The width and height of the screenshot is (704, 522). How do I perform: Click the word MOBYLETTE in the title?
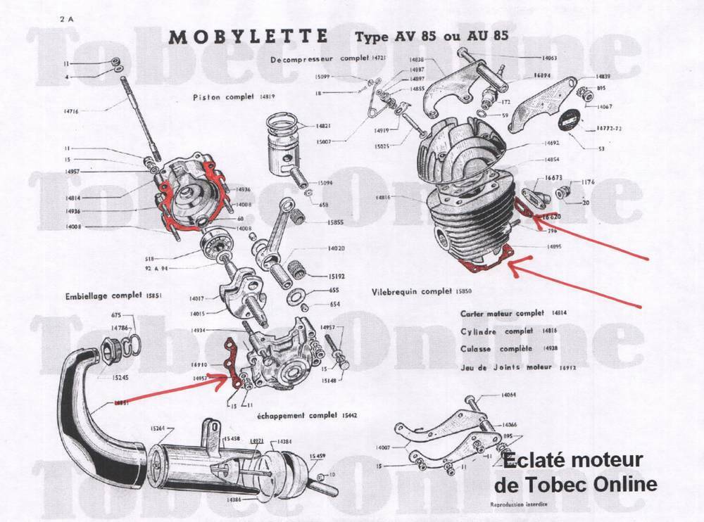(x=249, y=37)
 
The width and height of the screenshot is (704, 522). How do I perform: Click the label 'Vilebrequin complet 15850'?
(x=414, y=290)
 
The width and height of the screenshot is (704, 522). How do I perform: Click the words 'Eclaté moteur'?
(x=572, y=461)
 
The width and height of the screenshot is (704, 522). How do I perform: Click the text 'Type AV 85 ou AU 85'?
(x=432, y=36)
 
